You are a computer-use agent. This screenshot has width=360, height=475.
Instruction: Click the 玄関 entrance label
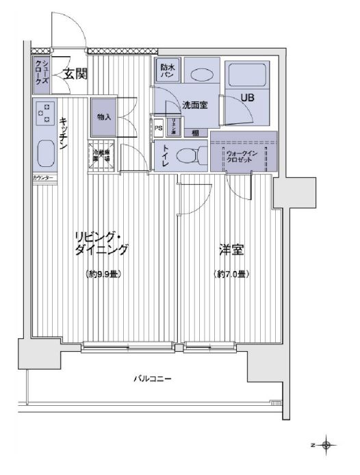(75, 74)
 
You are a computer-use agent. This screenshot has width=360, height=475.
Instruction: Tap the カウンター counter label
(44, 179)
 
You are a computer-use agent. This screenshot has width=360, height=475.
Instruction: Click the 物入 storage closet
(104, 118)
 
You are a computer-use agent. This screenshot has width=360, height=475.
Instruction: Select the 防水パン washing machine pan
(168, 70)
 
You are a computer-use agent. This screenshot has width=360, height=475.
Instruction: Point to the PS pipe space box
(159, 127)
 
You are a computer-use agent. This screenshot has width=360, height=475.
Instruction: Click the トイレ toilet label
(166, 157)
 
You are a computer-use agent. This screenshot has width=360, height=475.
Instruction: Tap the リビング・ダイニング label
(101, 244)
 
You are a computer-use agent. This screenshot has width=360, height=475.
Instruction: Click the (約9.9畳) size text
(104, 274)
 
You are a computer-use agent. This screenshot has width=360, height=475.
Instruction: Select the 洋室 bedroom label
(230, 251)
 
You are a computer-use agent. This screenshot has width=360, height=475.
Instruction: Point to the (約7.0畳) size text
(230, 274)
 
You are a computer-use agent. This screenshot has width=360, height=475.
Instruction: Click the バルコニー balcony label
(153, 378)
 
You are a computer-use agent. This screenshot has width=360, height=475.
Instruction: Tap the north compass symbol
(326, 446)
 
